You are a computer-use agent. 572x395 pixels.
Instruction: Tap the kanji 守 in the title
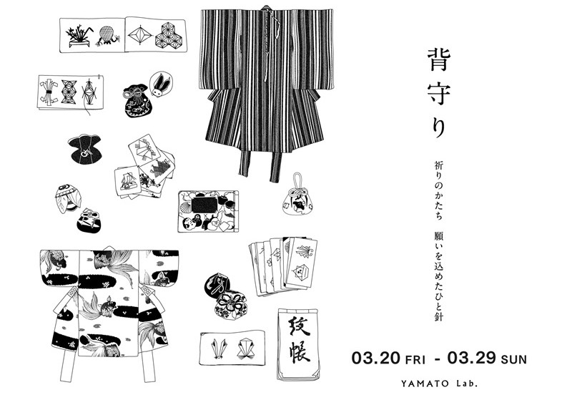439,94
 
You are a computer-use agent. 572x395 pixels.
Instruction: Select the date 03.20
376,357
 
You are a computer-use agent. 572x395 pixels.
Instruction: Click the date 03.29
471,357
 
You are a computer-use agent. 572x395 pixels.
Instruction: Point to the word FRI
415,360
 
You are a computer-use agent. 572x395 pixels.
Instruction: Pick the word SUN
514,360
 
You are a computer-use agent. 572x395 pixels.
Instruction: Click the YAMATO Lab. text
439,384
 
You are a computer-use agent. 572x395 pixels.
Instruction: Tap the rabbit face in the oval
161,85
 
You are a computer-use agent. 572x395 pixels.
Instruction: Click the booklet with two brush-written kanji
298,344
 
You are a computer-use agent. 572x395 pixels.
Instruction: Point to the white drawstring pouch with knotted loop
297,195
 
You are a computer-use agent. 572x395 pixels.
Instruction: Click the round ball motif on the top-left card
106,35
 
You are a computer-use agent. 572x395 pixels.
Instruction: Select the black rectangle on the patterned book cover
204,205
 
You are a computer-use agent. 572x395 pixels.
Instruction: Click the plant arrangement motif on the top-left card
78,36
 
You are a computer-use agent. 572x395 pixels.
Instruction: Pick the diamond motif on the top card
139,34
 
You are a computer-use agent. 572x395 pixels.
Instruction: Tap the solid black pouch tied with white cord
84,148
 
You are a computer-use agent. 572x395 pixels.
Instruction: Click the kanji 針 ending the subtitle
438,316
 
